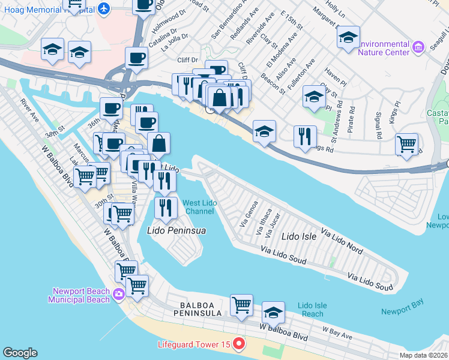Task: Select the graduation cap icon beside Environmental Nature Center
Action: pos(348,38)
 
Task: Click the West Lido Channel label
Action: pos(200,207)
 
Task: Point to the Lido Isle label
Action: pos(299,237)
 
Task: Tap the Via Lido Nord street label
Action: pos(342,239)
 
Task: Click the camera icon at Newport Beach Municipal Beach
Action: pos(119,293)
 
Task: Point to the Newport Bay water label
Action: pos(403,311)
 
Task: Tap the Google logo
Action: pos(20,353)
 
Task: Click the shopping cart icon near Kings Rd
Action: pos(407,145)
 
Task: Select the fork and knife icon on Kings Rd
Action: pos(305,137)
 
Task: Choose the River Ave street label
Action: pos(29,110)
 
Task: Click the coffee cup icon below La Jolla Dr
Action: pos(136,59)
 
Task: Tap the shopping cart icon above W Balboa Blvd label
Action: pos(241,305)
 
